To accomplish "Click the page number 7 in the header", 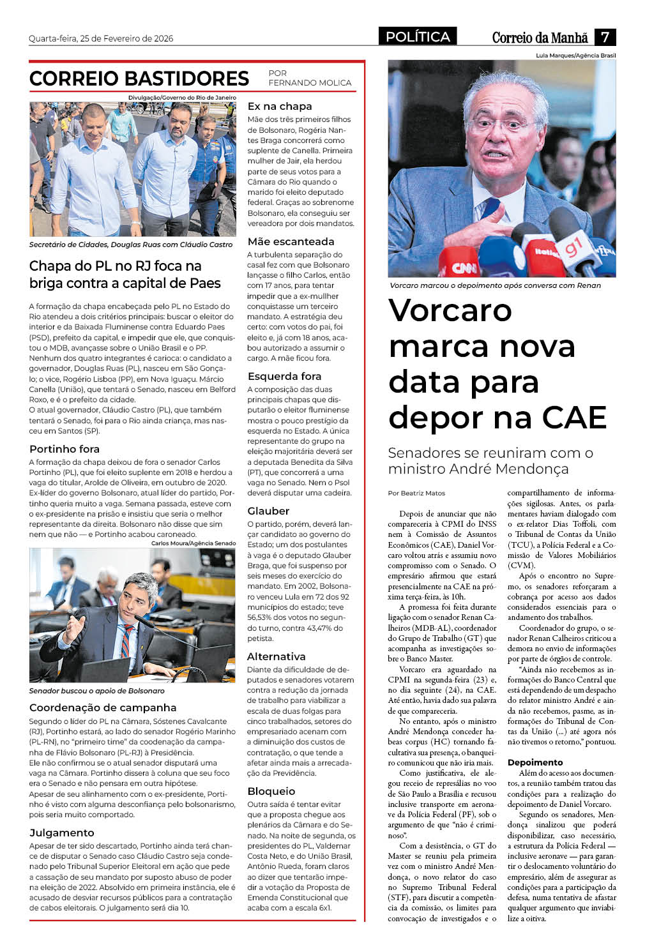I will click(605, 37).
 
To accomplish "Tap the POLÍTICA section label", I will click(418, 37).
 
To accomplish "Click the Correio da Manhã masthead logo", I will click(540, 38).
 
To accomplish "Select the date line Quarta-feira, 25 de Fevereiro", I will click(101, 38).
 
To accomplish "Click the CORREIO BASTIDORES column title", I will click(139, 79).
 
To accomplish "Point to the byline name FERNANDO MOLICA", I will click(310, 83).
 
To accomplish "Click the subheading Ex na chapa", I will click(280, 107).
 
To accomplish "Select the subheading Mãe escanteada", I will click(291, 242).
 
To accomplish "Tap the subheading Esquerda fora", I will click(284, 377).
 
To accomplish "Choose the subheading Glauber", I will click(268, 511).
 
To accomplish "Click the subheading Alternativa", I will click(276, 657).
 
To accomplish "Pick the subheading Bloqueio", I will click(271, 792).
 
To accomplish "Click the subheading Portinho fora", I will click(64, 449).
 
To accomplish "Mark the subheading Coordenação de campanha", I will click(103, 708).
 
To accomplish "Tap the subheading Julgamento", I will click(61, 833).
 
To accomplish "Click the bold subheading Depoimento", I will click(535, 763).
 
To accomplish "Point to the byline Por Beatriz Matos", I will click(416, 494).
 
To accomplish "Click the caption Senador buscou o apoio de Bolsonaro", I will click(96, 691).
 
